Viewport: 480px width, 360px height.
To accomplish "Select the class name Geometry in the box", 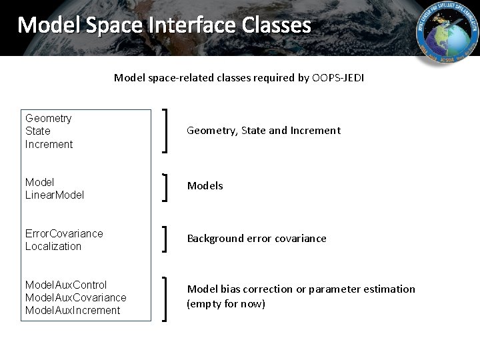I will coord(49,119).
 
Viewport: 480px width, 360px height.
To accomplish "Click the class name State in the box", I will coord(38,131).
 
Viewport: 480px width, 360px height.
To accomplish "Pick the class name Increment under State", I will coord(49,144).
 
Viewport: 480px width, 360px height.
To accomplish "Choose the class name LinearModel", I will coord(55,195).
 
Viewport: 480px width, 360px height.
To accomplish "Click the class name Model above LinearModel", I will coord(39,182).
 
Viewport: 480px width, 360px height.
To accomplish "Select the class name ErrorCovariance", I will coord(64,233).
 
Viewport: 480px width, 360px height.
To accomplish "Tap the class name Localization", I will coord(53,246).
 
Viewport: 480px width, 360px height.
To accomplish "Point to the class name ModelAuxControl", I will coord(66,285).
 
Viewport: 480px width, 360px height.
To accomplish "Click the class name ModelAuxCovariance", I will coord(75,297).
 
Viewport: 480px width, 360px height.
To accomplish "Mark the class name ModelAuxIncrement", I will coord(73,310).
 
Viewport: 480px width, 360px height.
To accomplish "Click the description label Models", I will coord(205,186).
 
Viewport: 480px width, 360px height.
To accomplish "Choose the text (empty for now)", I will coord(226,304).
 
